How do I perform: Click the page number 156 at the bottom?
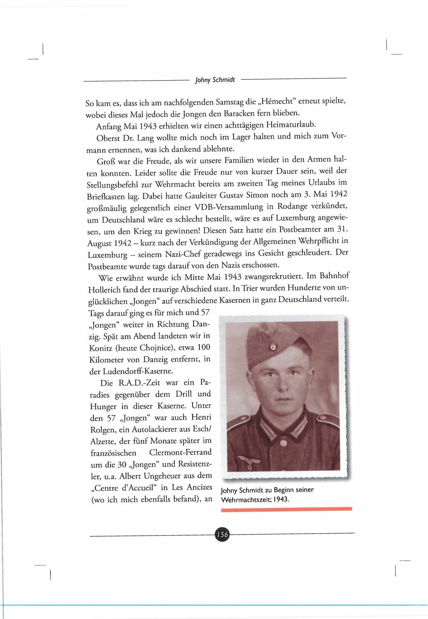222,534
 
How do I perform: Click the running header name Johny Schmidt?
215,79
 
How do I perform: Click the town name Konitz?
100,348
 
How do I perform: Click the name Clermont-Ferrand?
180,453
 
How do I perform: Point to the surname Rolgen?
103,429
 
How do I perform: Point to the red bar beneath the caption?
286,509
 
